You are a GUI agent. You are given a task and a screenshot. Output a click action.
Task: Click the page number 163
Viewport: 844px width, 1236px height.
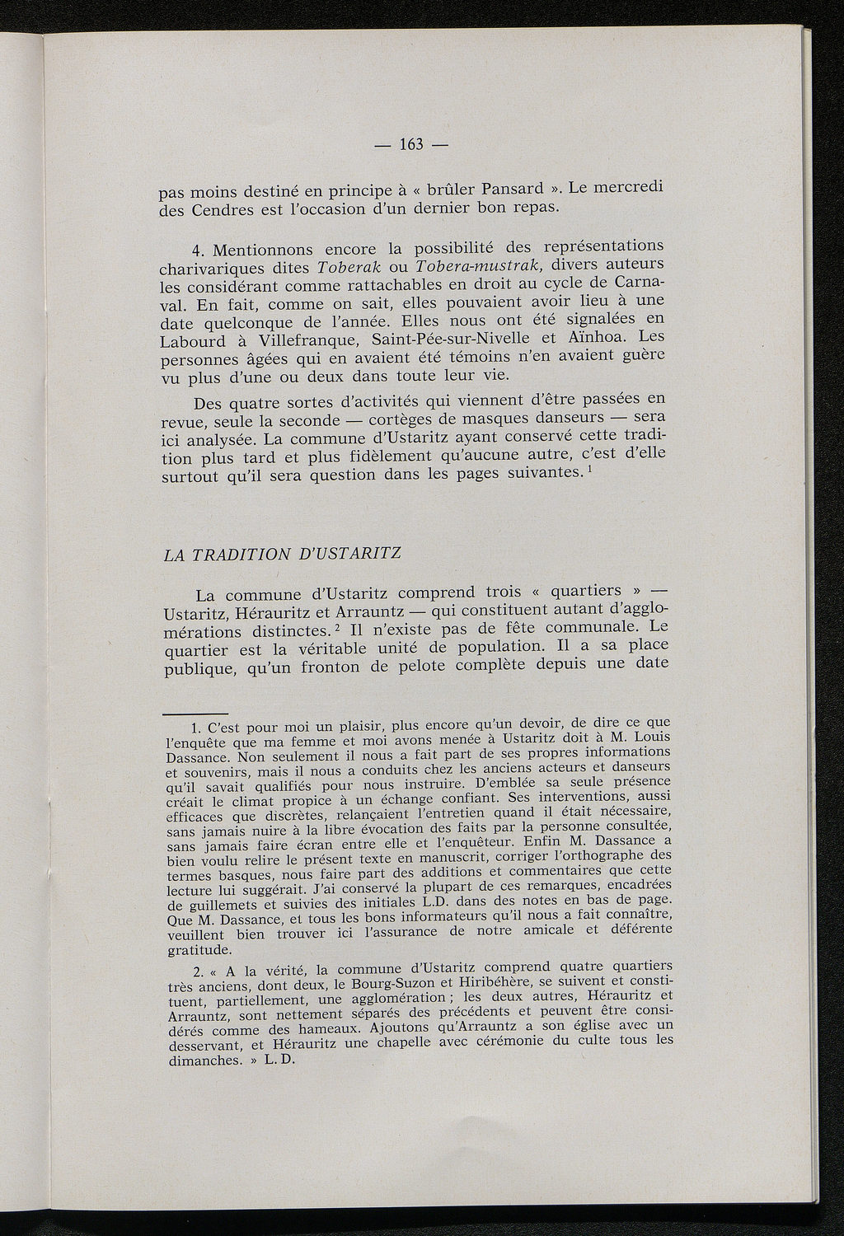(x=410, y=145)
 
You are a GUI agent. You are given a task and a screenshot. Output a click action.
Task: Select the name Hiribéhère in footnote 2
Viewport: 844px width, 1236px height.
(x=488, y=983)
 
